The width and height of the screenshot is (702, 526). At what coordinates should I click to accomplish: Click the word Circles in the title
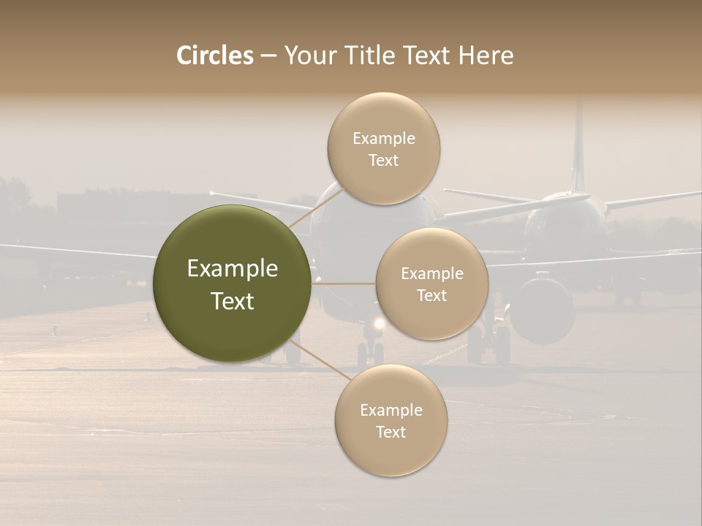coord(215,56)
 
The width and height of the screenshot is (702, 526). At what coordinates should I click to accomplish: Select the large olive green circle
coord(233,283)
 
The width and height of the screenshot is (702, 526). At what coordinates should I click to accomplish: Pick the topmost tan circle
coord(383,148)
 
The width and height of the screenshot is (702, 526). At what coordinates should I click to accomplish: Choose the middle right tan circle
coord(431,283)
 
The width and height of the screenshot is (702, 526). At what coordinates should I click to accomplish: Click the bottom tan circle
coord(390,420)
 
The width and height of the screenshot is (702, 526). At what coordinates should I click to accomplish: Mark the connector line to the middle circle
coord(344,283)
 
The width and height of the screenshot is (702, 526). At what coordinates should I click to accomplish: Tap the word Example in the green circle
coord(233,269)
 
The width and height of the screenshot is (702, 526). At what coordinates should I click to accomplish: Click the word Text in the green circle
coord(233,301)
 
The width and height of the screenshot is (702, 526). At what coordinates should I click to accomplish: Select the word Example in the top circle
coord(384,139)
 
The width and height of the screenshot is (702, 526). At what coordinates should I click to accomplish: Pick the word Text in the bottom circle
coord(390,432)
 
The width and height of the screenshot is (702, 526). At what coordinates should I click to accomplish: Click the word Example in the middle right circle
coord(432,274)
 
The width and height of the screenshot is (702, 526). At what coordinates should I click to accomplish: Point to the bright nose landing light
coord(379,323)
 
